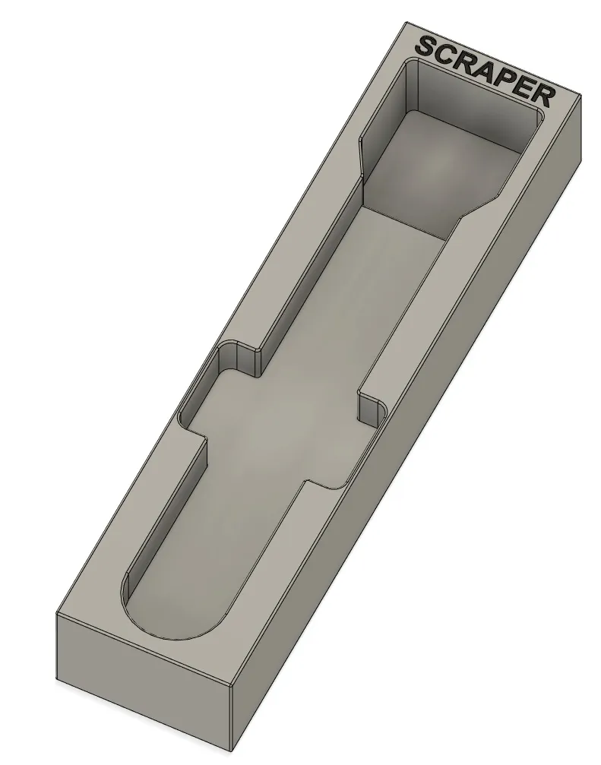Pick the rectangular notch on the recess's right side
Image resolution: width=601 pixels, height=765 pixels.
(370, 410)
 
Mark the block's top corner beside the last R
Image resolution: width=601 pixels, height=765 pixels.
(579, 97)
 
